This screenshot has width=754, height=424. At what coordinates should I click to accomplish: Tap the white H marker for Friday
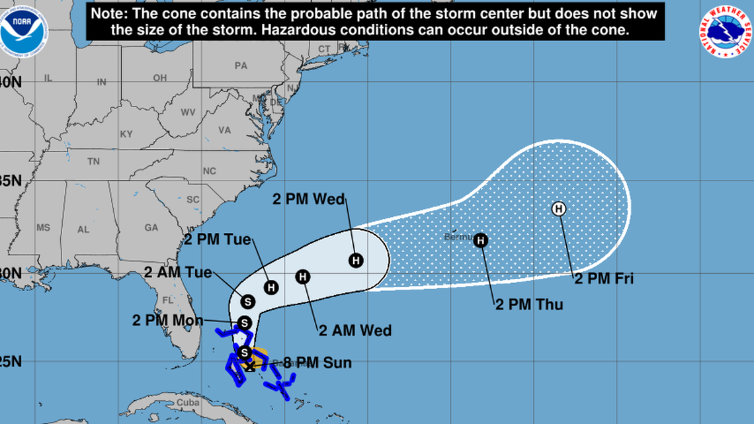[559, 210]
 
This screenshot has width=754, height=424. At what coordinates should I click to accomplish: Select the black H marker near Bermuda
[481, 240]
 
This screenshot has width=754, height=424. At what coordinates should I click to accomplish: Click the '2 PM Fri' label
[603, 279]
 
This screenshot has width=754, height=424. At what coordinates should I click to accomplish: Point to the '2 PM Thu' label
[529, 305]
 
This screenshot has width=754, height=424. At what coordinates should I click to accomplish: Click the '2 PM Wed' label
[310, 199]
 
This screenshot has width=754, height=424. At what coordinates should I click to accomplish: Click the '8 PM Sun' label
[317, 362]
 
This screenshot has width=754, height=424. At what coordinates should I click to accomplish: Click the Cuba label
[188, 403]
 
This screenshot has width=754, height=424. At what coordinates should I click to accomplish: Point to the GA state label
[151, 227]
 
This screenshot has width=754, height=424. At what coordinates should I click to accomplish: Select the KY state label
[126, 134]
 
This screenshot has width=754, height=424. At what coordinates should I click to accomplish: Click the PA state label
[240, 65]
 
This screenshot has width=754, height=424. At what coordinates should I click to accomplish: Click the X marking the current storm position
[249, 364]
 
